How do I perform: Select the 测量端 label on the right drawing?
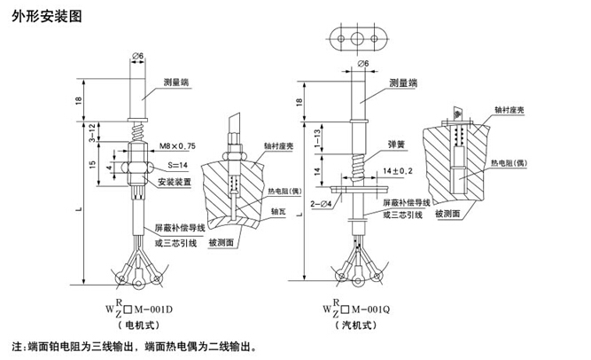(x=404, y=82)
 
